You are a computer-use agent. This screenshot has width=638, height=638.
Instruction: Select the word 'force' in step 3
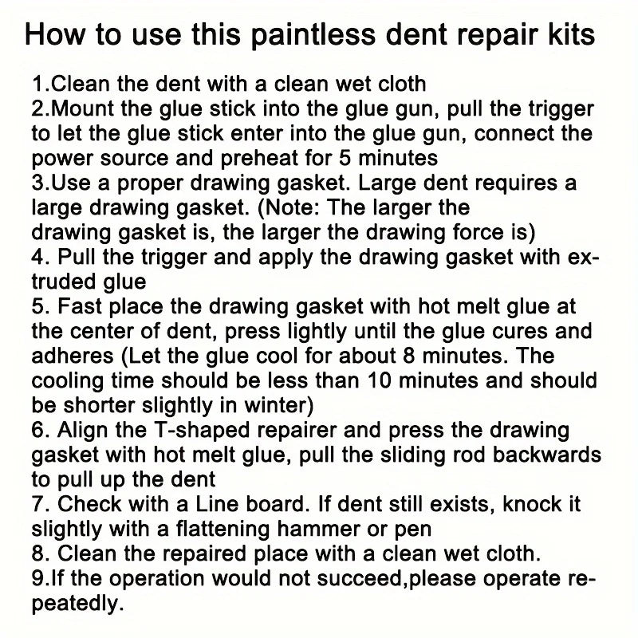[x=475, y=232]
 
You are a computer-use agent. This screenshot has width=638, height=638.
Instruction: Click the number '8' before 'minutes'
[x=402, y=356]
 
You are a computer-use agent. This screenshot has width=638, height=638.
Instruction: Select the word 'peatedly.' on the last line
[x=78, y=604]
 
